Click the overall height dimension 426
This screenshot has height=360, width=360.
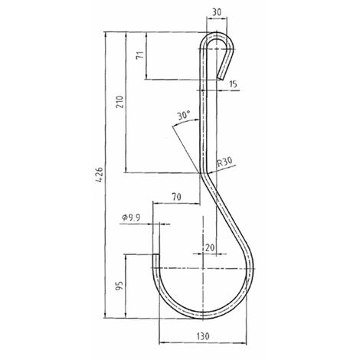coord(100,175)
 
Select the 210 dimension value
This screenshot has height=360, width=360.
coord(119,102)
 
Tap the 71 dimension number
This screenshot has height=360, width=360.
coord(140,55)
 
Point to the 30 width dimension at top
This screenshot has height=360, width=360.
coord(217,12)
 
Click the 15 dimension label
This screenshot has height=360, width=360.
coord(233,83)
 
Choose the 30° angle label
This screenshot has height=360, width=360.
coord(184,116)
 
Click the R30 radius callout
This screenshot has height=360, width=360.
coord(224,162)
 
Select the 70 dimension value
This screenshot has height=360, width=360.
coord(176,197)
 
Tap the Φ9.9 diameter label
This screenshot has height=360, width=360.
coord(132,218)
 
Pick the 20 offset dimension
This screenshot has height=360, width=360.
coord(210,247)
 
